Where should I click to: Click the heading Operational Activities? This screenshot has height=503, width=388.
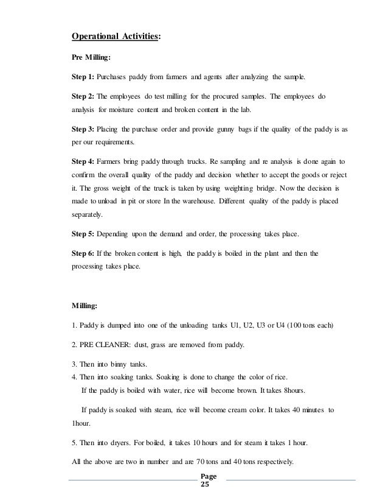click(116, 37)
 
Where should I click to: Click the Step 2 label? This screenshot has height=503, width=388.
click(83, 96)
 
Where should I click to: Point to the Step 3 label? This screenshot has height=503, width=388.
click(83, 131)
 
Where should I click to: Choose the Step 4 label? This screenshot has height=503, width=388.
click(83, 163)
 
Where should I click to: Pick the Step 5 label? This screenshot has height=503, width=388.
click(83, 234)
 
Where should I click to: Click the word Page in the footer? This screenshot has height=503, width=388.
click(207, 476)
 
